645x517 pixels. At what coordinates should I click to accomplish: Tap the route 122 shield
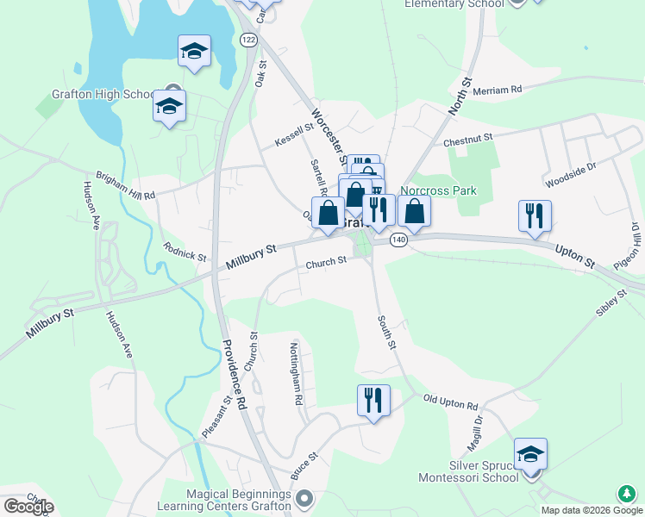[249, 40]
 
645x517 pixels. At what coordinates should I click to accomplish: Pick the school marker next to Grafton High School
[170, 107]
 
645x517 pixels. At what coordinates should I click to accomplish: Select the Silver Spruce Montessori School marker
[531, 454]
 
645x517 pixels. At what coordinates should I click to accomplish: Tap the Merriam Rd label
[504, 89]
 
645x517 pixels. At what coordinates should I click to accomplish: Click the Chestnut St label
[467, 138]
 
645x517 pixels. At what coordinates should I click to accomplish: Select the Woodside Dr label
[571, 176]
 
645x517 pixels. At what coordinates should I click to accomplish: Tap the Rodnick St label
[185, 251]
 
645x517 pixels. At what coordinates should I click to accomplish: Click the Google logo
[28, 506]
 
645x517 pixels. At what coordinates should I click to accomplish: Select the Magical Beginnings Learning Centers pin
[304, 498]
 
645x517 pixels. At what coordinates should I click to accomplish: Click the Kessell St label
[293, 134]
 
